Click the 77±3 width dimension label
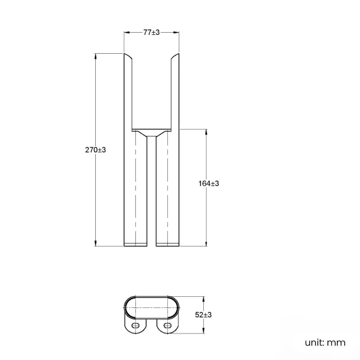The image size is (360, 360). tap(151, 33)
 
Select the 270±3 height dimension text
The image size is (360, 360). tap(95, 150)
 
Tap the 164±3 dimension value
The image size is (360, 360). tap(208, 183)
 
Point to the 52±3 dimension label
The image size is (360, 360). tap(204, 315)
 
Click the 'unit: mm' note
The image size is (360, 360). tap(325, 342)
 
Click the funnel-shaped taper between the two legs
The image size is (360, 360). tap(151, 134)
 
